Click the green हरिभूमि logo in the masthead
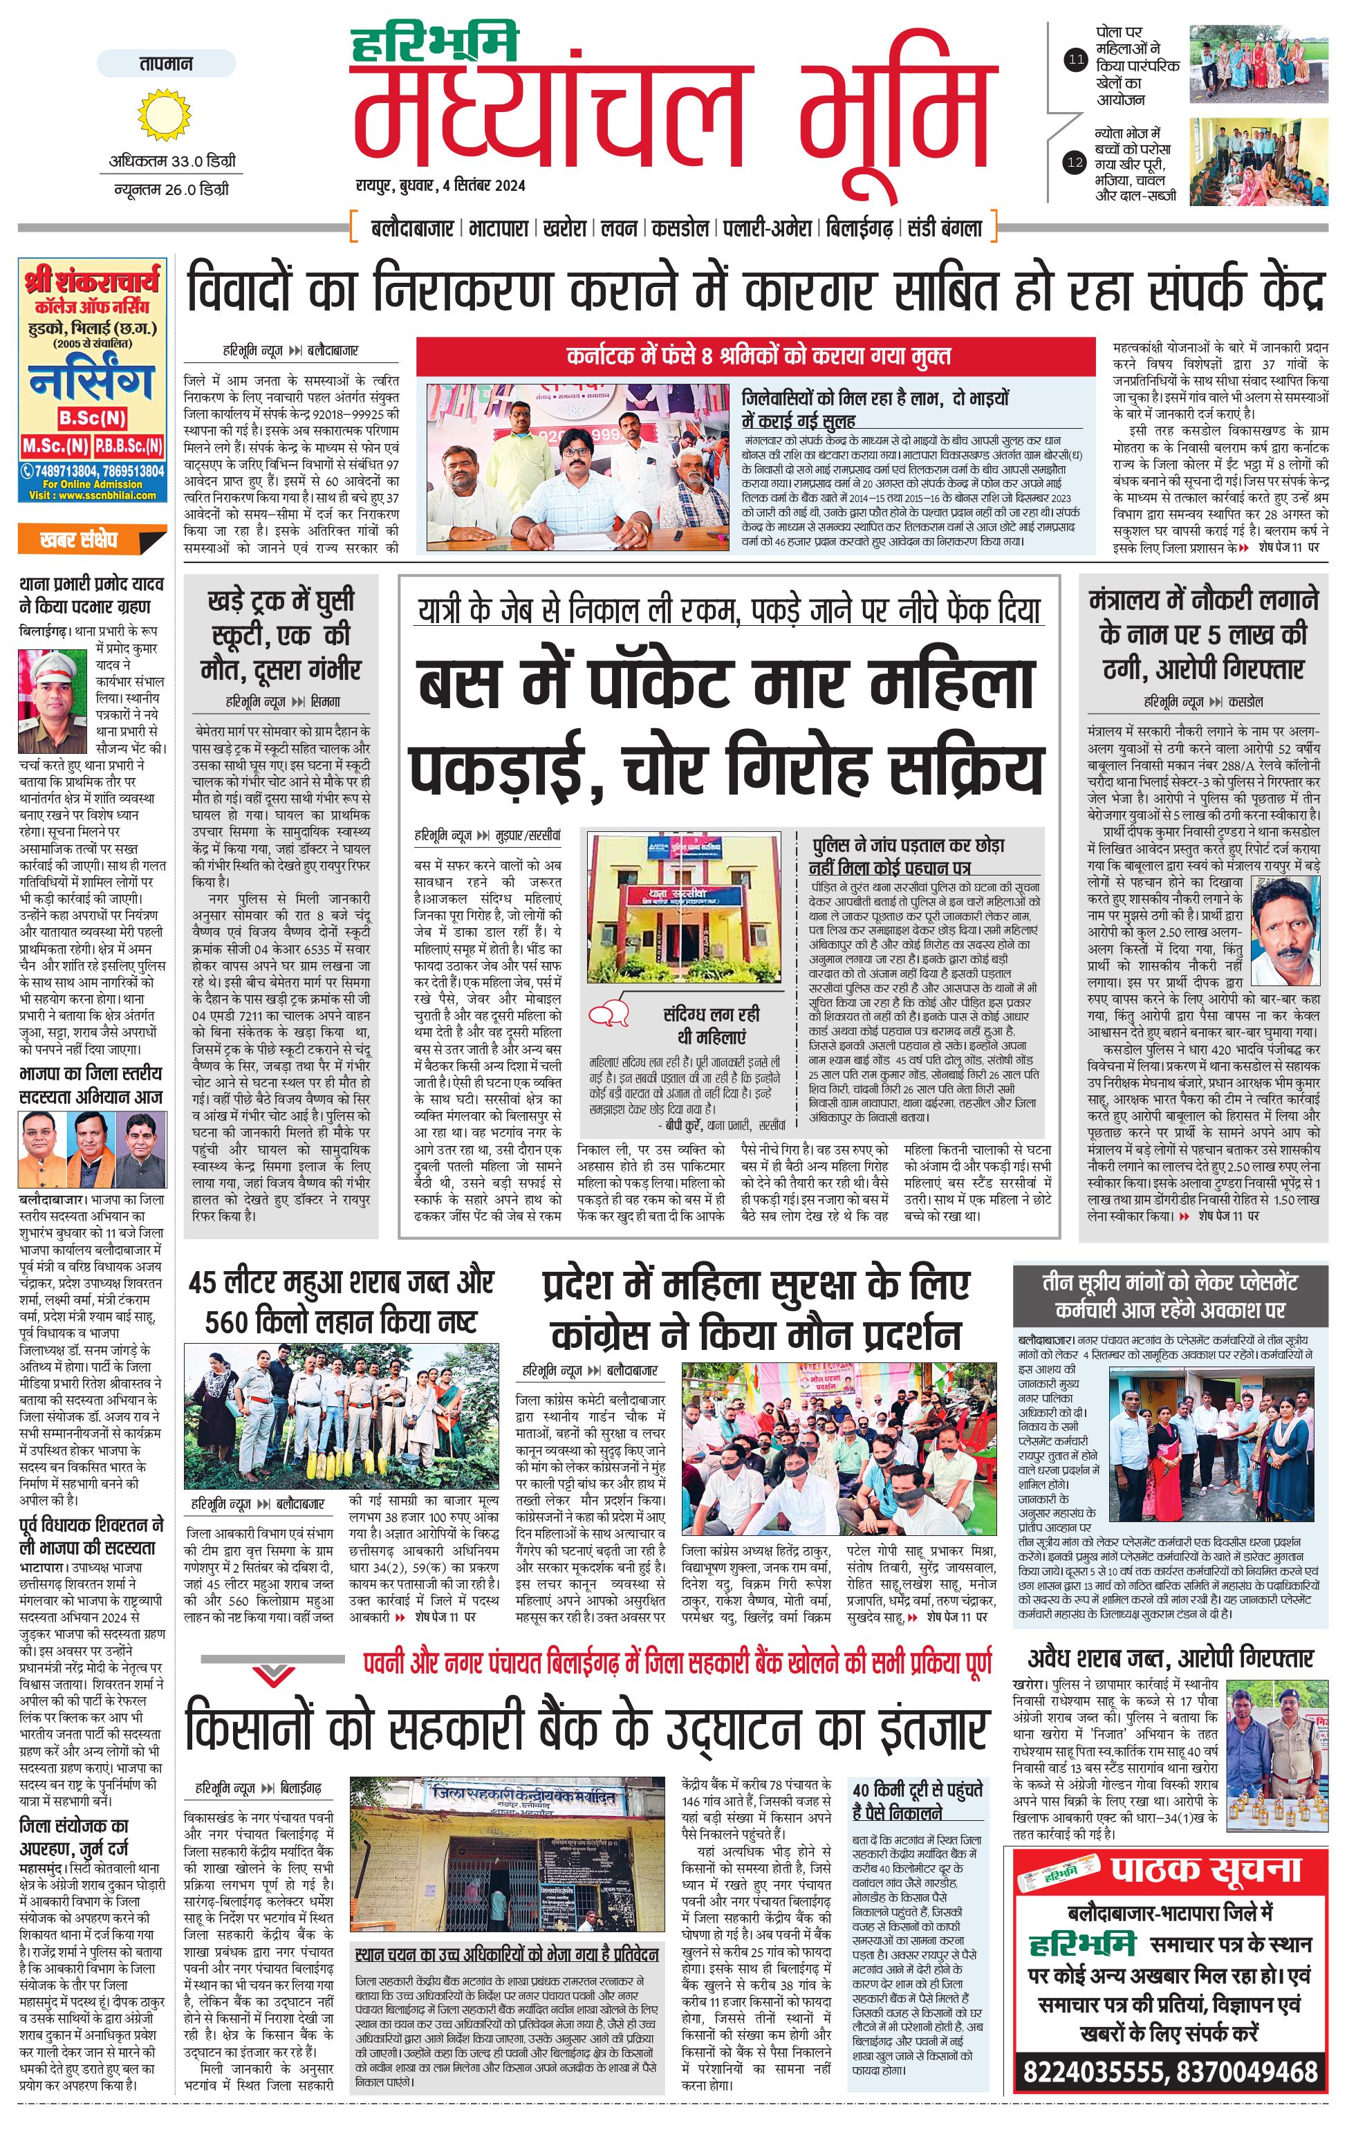(x=435, y=44)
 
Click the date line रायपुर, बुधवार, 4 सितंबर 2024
(x=440, y=185)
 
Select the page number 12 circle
(x=1076, y=163)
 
